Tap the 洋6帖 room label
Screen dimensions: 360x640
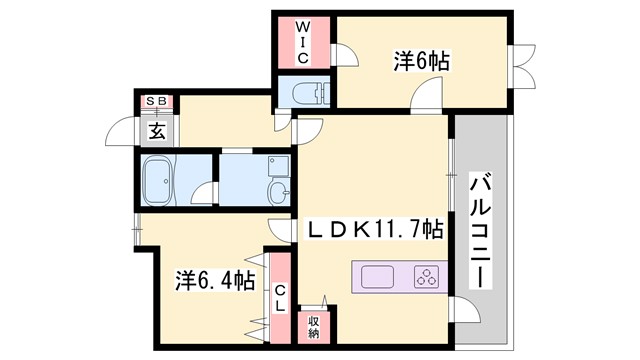tap(420, 61)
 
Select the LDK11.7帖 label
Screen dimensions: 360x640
tap(376, 230)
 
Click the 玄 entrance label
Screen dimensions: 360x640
tap(157, 130)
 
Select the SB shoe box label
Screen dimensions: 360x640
tap(157, 101)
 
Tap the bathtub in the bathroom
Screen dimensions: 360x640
tap(161, 181)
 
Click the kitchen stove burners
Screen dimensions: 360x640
tap(426, 276)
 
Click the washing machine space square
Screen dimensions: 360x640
tap(277, 164)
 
